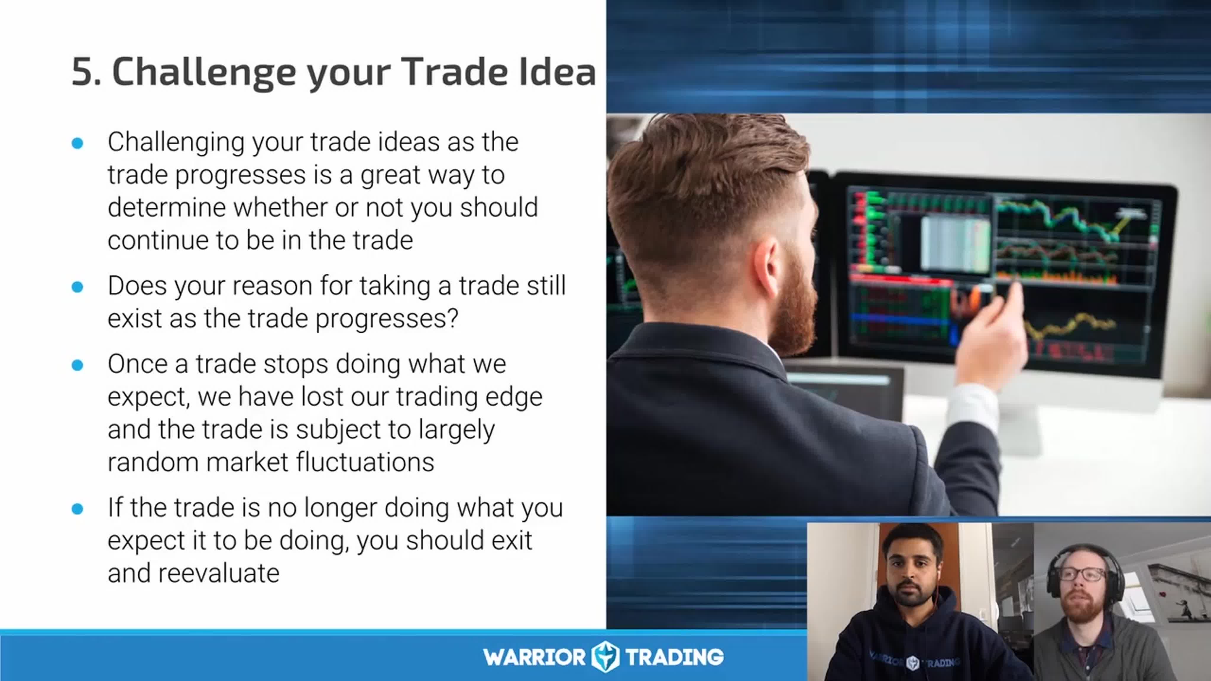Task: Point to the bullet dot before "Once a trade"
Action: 77,365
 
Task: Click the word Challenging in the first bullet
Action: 176,143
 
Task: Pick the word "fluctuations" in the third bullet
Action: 365,462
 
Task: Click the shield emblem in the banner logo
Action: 605,656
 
